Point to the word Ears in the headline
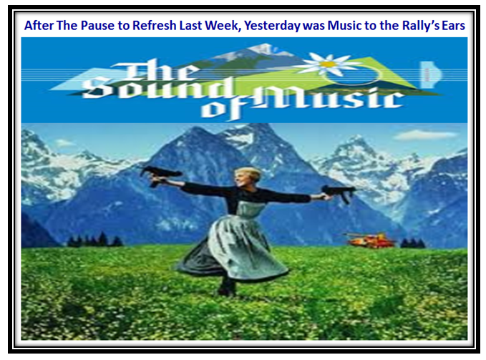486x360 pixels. [x=453, y=25]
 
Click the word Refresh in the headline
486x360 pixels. [x=155, y=25]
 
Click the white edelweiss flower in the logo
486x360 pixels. [x=328, y=64]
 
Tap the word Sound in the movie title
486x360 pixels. [x=158, y=88]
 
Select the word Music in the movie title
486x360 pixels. [x=329, y=98]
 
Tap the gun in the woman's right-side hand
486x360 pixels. [x=339, y=193]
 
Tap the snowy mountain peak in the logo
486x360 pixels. [x=262, y=49]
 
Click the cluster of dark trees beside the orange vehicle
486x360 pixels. [x=413, y=243]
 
